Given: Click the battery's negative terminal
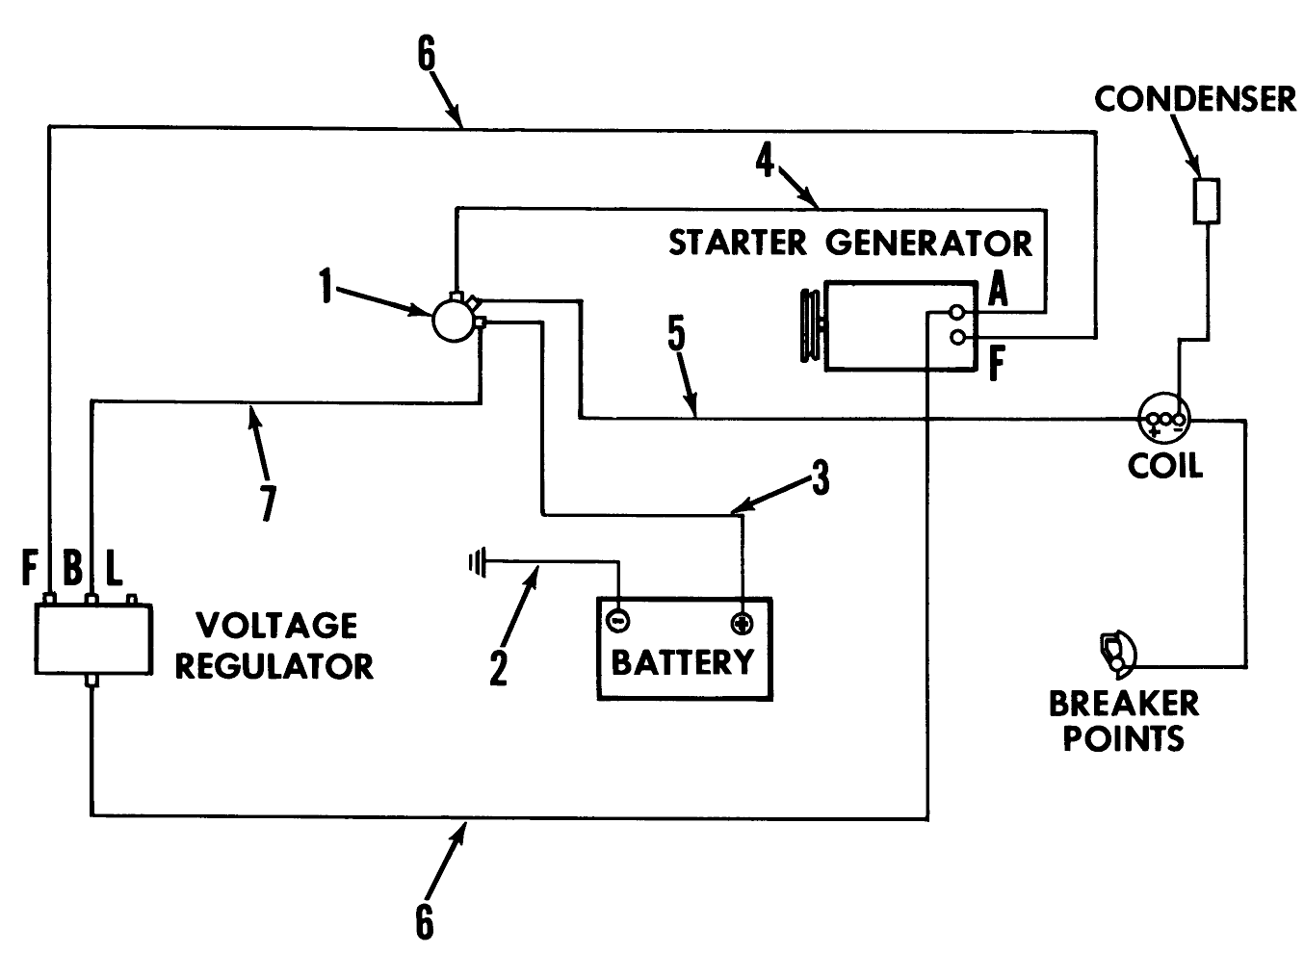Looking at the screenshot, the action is (x=617, y=620).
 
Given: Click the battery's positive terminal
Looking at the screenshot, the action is (x=742, y=624).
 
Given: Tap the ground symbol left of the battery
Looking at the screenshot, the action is (x=478, y=562).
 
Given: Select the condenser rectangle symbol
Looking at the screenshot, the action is (x=1207, y=201).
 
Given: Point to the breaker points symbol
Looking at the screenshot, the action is (x=1117, y=655).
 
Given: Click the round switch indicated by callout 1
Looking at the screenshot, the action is (x=454, y=320).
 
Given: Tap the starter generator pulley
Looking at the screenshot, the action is (x=810, y=325).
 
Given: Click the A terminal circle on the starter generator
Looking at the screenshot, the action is (x=956, y=313).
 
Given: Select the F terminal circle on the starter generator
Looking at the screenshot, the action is (x=956, y=337).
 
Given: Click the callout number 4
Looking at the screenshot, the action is (x=765, y=160).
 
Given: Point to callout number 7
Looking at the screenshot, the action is (x=268, y=503).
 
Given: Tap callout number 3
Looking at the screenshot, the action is (x=821, y=477).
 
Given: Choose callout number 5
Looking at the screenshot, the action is (x=676, y=333).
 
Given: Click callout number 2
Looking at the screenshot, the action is (x=498, y=667).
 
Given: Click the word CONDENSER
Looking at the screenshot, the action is (x=1196, y=99).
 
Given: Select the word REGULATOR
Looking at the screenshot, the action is (x=274, y=666).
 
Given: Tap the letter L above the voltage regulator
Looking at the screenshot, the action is (x=114, y=567).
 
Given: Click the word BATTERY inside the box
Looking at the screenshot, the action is (x=683, y=662).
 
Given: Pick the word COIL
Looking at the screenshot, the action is (x=1165, y=466).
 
